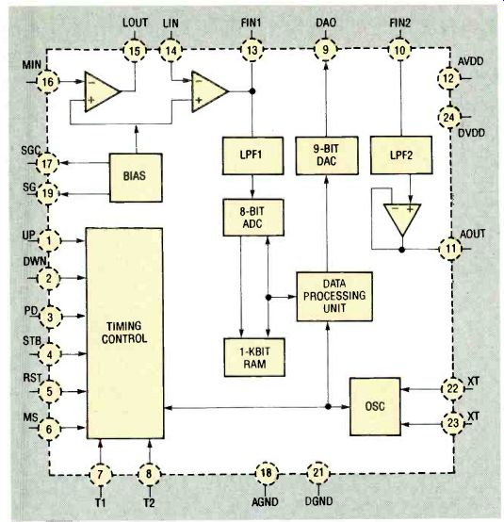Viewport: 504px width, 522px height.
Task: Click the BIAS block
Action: tap(136, 177)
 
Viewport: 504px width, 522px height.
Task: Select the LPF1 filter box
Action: tap(253, 155)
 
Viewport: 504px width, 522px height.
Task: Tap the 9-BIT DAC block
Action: tap(327, 155)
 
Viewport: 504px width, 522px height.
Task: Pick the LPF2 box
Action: tap(401, 155)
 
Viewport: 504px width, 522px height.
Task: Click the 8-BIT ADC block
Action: tap(253, 218)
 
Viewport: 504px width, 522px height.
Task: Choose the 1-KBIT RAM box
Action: tap(254, 357)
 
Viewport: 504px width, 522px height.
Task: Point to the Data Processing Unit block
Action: tap(334, 296)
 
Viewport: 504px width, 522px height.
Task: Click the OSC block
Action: tap(375, 406)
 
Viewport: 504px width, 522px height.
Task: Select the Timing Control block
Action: tap(125, 334)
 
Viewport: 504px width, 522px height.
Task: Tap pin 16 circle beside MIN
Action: tap(48, 82)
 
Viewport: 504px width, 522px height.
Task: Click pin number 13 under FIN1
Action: tap(252, 50)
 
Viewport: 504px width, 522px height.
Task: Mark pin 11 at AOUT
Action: tap(450, 249)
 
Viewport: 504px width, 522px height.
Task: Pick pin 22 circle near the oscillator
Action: tap(452, 388)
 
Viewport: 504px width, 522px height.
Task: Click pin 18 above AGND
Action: tap(266, 473)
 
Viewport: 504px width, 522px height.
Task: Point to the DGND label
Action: tap(318, 501)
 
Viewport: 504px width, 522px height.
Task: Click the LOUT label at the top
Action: tap(135, 23)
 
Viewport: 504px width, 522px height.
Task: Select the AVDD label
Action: tap(470, 61)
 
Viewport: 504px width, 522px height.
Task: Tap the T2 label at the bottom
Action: tap(149, 502)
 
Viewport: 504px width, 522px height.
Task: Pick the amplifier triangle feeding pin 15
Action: tap(101, 91)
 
